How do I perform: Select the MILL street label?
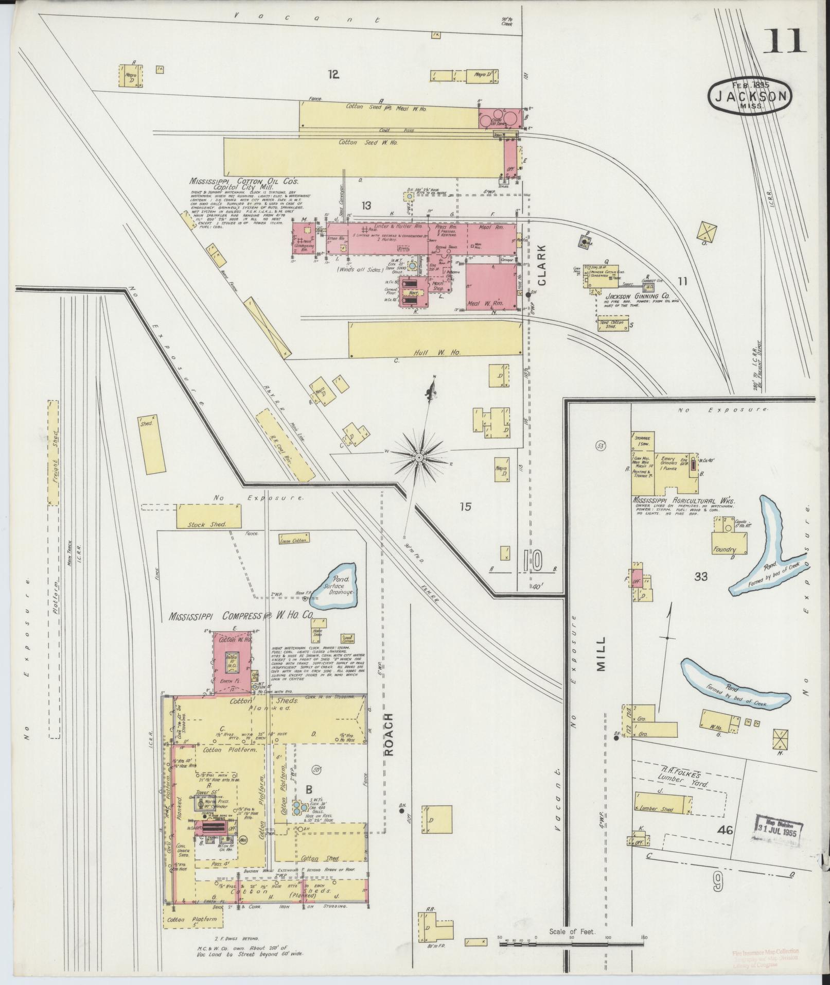pyautogui.click(x=601, y=654)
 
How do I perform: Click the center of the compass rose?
pyautogui.click(x=418, y=457)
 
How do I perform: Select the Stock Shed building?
pyautogui.click(x=209, y=516)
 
